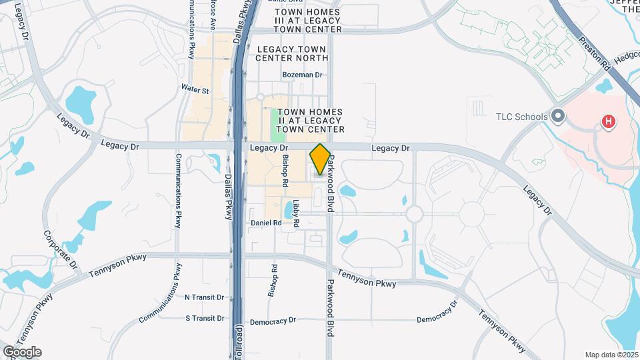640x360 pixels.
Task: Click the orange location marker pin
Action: (320, 159)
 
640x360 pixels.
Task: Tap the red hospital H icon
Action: (608, 121)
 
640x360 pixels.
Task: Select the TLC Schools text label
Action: (521, 117)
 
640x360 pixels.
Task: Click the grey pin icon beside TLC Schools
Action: (558, 117)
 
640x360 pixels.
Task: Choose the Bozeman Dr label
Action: (302, 75)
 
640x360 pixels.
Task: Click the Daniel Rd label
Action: (266, 223)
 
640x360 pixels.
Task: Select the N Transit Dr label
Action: (204, 297)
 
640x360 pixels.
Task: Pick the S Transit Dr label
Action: (204, 319)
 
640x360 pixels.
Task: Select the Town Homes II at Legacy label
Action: (310, 121)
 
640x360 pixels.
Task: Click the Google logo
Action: (22, 352)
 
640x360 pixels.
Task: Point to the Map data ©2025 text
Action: (611, 355)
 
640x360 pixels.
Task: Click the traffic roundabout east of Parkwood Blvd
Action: (414, 214)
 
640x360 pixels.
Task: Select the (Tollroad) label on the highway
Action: (239, 341)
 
